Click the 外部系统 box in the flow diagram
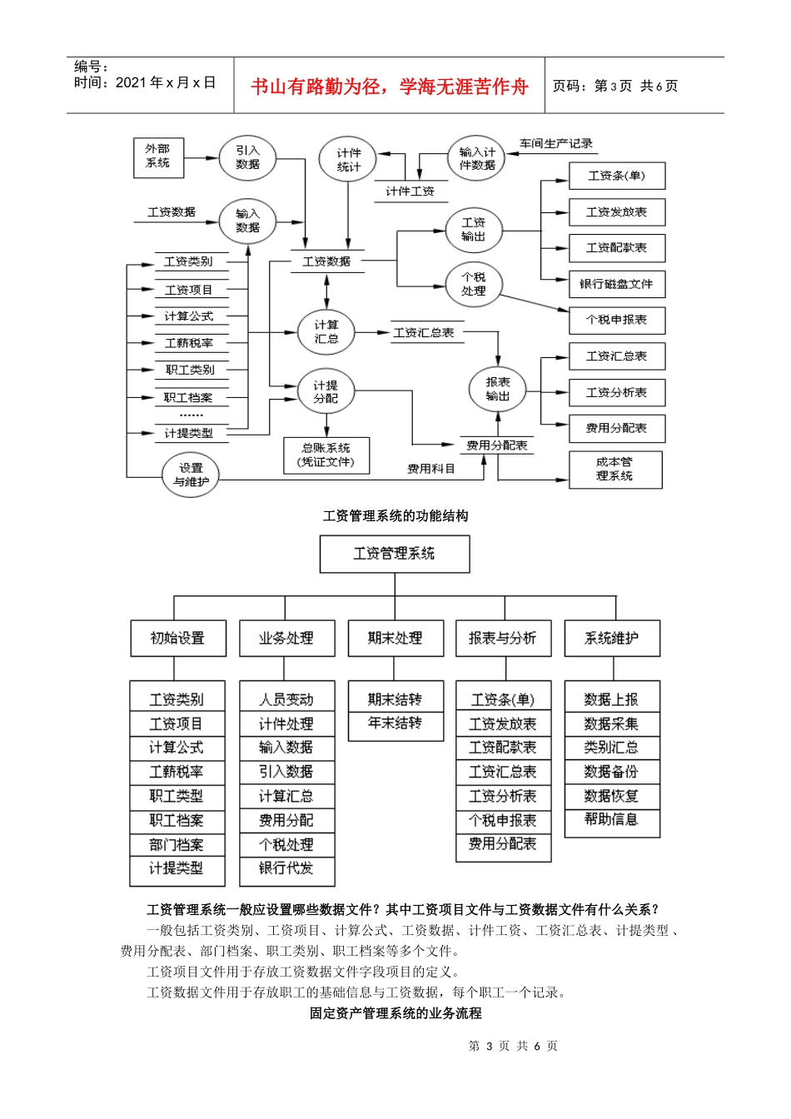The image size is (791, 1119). [x=158, y=157]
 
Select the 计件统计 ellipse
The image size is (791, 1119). [x=349, y=160]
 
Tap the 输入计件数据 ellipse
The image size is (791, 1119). [x=477, y=158]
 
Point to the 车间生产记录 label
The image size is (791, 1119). [x=556, y=143]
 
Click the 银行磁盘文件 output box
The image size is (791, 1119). [x=616, y=284]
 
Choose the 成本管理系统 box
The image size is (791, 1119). [x=615, y=470]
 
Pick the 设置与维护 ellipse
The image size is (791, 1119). [x=191, y=475]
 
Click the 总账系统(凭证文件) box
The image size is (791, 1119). [x=326, y=455]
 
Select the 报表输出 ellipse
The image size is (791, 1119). [x=498, y=390]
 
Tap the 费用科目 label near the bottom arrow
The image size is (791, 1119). [x=431, y=469]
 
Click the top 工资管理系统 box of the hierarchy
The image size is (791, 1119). [x=395, y=554]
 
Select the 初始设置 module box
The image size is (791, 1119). [x=177, y=639]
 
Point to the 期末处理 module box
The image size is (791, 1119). [x=395, y=639]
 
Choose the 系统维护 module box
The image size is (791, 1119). [x=612, y=639]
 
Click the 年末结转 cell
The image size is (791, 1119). [x=395, y=724]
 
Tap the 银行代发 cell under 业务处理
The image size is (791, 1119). [x=286, y=868]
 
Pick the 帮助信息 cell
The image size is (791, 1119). [x=612, y=820]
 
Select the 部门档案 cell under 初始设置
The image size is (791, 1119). [x=177, y=844]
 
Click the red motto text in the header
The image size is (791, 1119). [x=390, y=87]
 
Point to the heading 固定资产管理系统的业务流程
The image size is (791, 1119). [x=395, y=1013]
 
